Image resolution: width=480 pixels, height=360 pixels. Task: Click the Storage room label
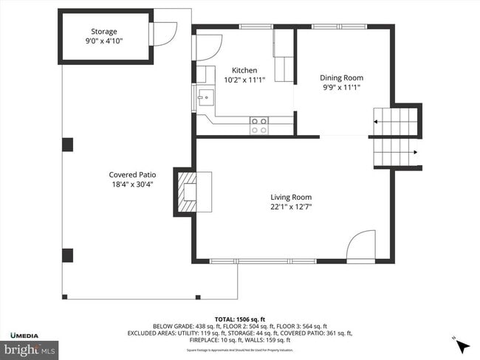point(104,31)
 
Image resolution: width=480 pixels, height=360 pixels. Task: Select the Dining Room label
point(341,77)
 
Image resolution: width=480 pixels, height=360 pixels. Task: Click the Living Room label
point(291,197)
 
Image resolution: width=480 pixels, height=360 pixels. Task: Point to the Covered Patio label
point(133,175)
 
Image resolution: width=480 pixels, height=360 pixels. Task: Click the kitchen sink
point(205,96)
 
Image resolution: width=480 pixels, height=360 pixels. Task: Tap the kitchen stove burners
point(259,125)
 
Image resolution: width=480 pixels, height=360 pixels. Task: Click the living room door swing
point(362,246)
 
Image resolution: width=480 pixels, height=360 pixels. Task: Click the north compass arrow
point(462,346)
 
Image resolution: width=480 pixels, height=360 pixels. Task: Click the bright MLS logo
point(30,348)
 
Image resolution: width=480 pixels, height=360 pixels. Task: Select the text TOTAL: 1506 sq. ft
point(239,318)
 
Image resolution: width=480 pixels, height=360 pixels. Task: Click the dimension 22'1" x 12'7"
point(291,207)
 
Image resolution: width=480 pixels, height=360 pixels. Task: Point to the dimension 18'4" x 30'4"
point(133,184)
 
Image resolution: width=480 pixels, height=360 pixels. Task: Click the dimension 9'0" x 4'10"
point(104,41)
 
